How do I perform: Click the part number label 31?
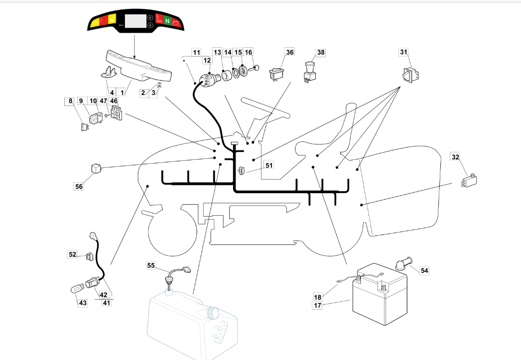(403, 52)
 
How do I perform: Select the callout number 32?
(455, 157)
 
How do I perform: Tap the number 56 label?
(79, 186)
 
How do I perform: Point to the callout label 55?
(151, 265)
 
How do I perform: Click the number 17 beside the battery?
(318, 305)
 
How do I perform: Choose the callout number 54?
(424, 270)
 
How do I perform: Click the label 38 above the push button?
(321, 52)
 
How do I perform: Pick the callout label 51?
(269, 165)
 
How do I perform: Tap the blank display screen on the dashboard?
(135, 21)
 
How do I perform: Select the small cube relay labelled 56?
(96, 168)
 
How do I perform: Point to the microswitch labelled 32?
(469, 180)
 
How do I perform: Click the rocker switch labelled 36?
(276, 74)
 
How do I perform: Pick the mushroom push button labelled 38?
(310, 71)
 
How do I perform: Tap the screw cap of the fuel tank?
(213, 312)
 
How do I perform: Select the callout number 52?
(72, 254)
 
